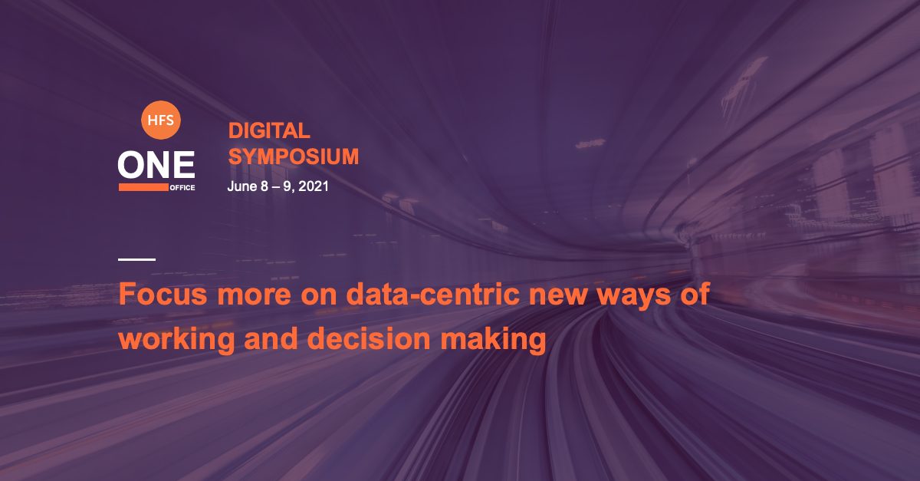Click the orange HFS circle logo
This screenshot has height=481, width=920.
(160, 120)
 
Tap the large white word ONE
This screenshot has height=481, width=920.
(156, 164)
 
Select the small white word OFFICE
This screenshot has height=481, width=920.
(182, 188)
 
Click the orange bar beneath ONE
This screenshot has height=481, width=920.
(144, 187)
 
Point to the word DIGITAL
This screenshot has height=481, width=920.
(269, 131)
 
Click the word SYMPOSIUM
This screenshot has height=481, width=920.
(293, 156)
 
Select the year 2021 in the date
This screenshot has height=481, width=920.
(314, 186)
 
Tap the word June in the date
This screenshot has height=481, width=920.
(242, 186)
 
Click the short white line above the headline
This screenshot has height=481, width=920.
(136, 259)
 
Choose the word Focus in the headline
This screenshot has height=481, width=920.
(163, 295)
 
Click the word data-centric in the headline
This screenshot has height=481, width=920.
(434, 295)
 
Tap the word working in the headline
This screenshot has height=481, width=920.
(177, 341)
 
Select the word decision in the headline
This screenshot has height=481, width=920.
(369, 339)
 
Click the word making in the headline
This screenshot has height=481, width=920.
(493, 341)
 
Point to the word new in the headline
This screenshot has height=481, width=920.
(558, 297)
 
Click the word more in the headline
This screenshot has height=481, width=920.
(255, 297)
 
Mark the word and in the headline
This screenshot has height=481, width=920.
(271, 339)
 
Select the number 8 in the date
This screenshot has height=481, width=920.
(264, 186)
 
